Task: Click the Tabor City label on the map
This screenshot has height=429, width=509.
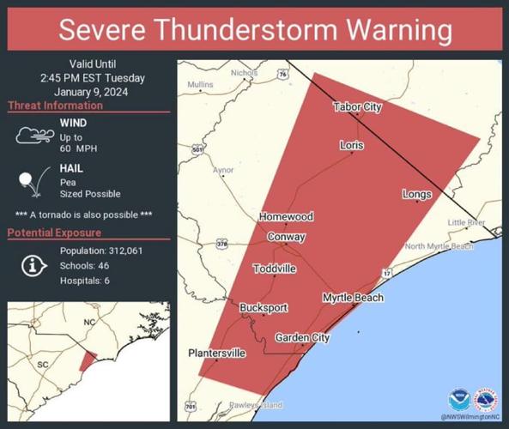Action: [357, 107]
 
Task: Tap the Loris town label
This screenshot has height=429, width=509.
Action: [351, 145]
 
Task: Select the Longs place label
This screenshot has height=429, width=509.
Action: [416, 195]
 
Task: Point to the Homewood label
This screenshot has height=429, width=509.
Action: [287, 217]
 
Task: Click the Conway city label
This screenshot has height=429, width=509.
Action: [286, 237]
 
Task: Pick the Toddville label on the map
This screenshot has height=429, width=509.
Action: [275, 269]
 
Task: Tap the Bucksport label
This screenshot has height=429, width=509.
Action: [264, 308]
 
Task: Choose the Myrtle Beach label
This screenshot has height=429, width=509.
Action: [353, 298]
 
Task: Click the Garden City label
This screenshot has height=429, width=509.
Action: [302, 338]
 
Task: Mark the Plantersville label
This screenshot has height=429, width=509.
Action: [217, 353]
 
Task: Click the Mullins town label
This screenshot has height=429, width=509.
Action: [200, 85]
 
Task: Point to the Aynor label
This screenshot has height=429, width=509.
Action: [222, 171]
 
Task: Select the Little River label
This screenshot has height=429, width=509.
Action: [467, 222]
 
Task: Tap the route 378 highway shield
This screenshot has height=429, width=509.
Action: [222, 244]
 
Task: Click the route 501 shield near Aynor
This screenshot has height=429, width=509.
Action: [198, 149]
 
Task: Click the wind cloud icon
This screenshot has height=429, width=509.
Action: [33, 136]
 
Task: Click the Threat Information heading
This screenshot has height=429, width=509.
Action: [55, 106]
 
